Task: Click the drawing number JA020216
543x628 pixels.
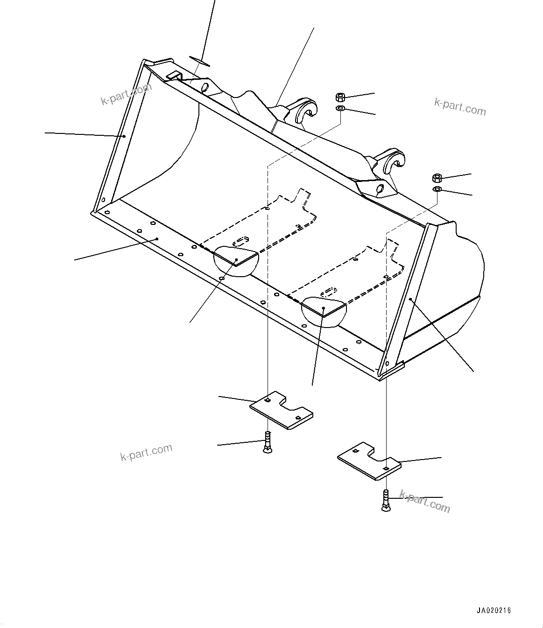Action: tap(494, 610)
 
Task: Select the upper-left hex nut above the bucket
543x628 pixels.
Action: tap(340, 98)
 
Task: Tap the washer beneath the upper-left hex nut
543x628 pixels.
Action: tap(340, 109)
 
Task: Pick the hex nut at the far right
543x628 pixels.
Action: tap(437, 178)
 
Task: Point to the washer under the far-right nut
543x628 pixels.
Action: tap(437, 189)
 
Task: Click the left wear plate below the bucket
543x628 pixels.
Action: tap(281, 409)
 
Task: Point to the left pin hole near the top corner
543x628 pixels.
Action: tap(204, 87)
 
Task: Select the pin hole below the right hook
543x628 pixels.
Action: tap(380, 189)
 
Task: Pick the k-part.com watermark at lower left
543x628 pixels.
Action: tap(146, 452)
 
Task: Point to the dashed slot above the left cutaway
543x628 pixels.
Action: tap(240, 242)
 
